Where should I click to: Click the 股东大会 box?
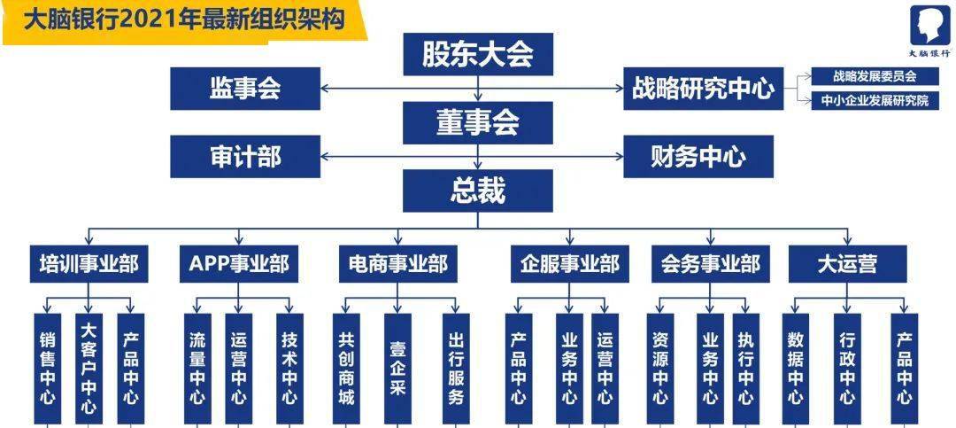[x=478, y=54]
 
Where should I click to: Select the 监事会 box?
[x=245, y=89]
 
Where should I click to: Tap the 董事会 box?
[x=478, y=122]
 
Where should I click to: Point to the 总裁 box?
[x=478, y=191]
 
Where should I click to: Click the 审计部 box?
[x=245, y=156]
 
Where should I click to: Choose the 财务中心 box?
[x=698, y=156]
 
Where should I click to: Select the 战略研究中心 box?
[x=704, y=89]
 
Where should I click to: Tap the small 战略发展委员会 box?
[x=875, y=76]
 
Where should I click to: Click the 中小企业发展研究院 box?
[x=875, y=101]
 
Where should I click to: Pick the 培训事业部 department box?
[x=89, y=264]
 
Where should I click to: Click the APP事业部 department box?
[x=239, y=264]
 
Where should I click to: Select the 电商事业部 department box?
[x=398, y=264]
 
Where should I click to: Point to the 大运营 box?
[x=847, y=264]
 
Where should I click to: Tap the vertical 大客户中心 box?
[x=89, y=369]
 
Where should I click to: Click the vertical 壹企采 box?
[x=397, y=369]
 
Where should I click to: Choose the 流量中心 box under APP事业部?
[x=197, y=369]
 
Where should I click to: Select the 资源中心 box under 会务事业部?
[x=659, y=369]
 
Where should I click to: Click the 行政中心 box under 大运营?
[x=847, y=369]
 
